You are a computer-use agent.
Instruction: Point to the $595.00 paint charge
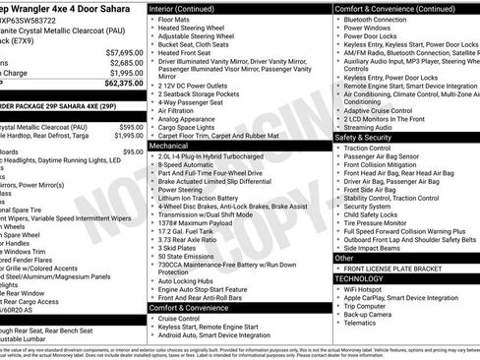click(130, 126)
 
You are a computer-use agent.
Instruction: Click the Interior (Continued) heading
click(189, 8)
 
